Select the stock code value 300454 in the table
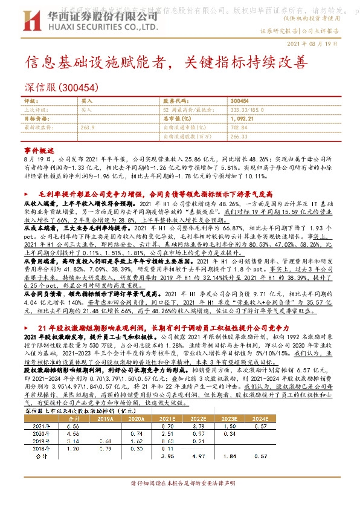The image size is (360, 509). click(x=239, y=102)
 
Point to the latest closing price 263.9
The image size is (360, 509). click(x=88, y=128)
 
